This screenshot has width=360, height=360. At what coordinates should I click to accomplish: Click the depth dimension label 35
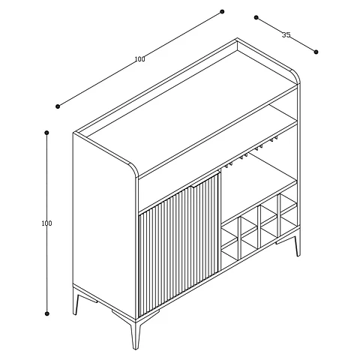pyautogui.click(x=286, y=34)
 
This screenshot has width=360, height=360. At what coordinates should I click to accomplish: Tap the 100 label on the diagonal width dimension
pyautogui.click(x=139, y=59)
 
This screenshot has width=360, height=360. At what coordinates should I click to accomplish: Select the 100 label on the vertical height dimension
pyautogui.click(x=46, y=223)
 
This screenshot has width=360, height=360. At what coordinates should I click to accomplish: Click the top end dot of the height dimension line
pyautogui.click(x=46, y=133)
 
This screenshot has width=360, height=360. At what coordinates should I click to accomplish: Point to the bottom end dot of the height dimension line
pyautogui.click(x=46, y=313)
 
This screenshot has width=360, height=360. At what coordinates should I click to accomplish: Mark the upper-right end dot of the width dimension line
pyautogui.click(x=222, y=11)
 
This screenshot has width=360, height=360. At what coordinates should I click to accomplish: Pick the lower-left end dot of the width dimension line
pyautogui.click(x=58, y=106)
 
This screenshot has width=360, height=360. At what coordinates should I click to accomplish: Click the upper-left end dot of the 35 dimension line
pyautogui.click(x=256, y=17)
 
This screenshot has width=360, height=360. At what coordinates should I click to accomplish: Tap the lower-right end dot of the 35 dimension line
pyautogui.click(x=316, y=52)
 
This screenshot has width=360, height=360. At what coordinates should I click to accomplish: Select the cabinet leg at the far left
pyautogui.click(x=76, y=301)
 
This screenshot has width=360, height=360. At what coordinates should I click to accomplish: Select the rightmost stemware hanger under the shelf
pyautogui.click(x=274, y=139)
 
